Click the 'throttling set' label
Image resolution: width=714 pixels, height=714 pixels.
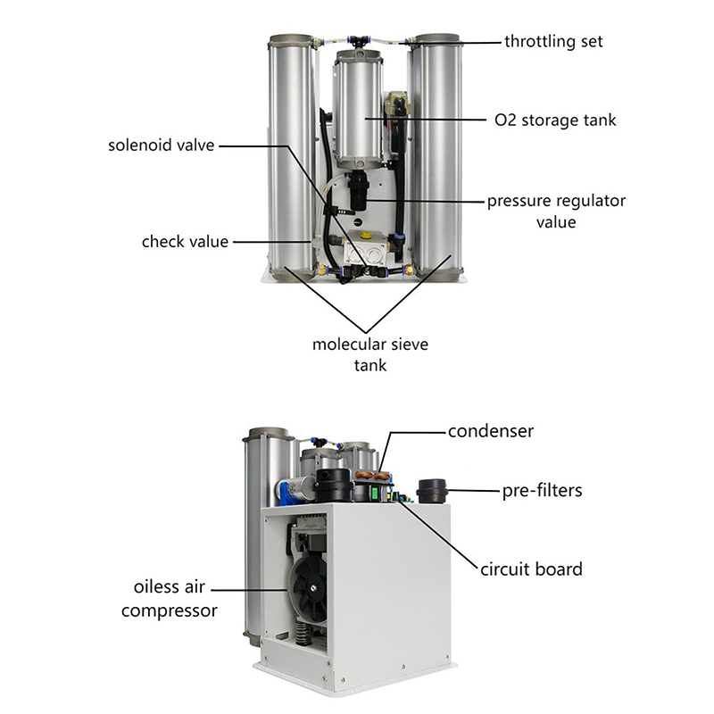click(x=553, y=41)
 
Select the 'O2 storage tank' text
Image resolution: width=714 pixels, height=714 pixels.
click(x=555, y=120)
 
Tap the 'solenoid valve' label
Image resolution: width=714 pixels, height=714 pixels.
click(x=162, y=145)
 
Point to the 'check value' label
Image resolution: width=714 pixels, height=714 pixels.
click(x=185, y=241)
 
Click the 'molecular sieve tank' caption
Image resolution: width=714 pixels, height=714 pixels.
click(x=370, y=354)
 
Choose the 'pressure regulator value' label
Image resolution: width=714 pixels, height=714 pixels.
click(x=556, y=212)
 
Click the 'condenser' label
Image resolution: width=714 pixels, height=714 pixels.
click(x=490, y=431)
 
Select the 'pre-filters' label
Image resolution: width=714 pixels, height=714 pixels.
click(x=542, y=491)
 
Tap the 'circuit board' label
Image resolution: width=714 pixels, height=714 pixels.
click(x=531, y=569)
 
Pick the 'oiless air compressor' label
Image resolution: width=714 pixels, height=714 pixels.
click(x=170, y=598)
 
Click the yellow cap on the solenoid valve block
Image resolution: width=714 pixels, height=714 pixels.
click(x=365, y=237)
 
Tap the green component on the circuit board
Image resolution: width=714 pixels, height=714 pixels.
click(x=376, y=494)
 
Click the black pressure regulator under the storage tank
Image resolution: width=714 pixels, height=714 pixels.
click(x=358, y=190)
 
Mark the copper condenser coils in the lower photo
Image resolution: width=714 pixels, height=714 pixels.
click(x=373, y=476)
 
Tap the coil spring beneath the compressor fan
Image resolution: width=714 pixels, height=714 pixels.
click(x=303, y=634)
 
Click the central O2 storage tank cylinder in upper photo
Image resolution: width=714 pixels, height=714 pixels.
click(x=358, y=108)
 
